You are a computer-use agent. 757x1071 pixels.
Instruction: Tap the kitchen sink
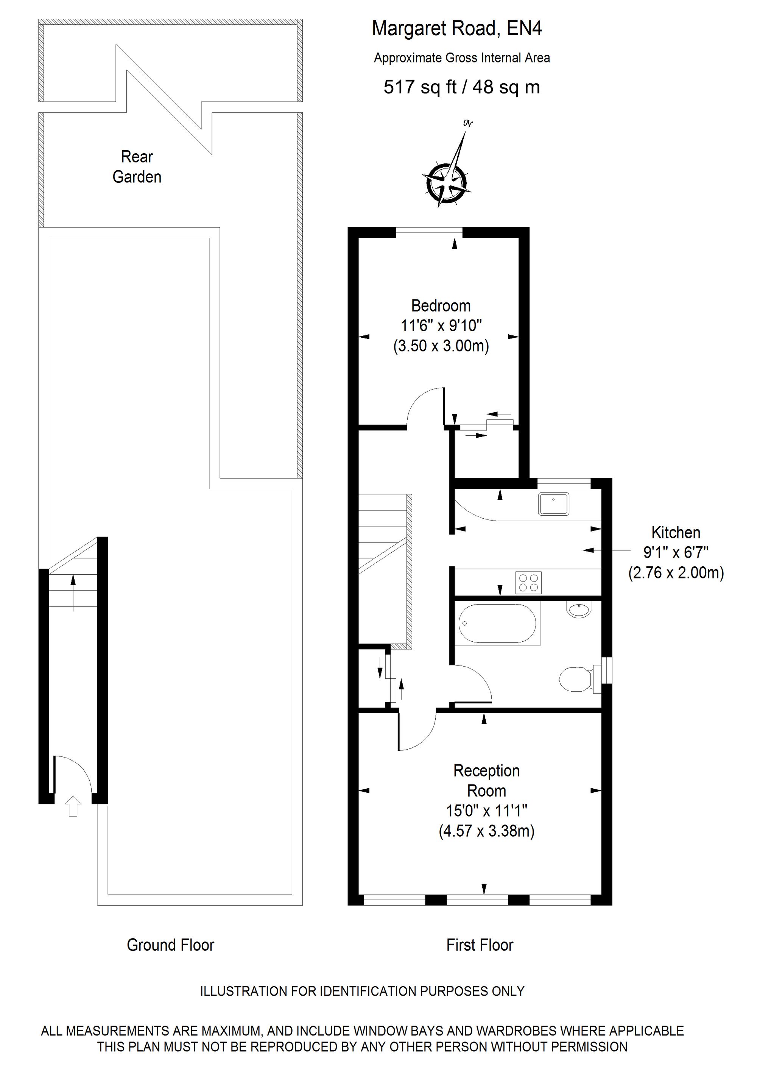click(x=554, y=504)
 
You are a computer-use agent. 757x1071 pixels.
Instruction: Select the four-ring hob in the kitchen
click(x=528, y=583)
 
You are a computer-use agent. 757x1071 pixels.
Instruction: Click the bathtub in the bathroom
click(x=497, y=623)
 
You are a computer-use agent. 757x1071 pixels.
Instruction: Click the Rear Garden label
click(x=137, y=167)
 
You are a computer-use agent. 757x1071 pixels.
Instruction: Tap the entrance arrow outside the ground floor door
click(x=73, y=806)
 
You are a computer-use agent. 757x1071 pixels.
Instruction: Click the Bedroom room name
click(x=441, y=306)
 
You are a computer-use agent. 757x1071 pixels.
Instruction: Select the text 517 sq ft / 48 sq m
click(x=461, y=87)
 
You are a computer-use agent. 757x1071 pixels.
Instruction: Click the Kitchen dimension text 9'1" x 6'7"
click(x=676, y=553)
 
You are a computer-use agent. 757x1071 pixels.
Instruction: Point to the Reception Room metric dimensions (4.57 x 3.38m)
click(x=486, y=831)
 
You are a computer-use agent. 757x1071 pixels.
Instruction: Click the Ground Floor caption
click(x=170, y=945)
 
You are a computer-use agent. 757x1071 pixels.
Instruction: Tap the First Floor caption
click(x=480, y=945)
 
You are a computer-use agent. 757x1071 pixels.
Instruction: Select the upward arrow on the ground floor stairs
click(x=73, y=593)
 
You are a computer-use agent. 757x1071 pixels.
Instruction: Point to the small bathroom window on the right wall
click(x=606, y=670)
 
